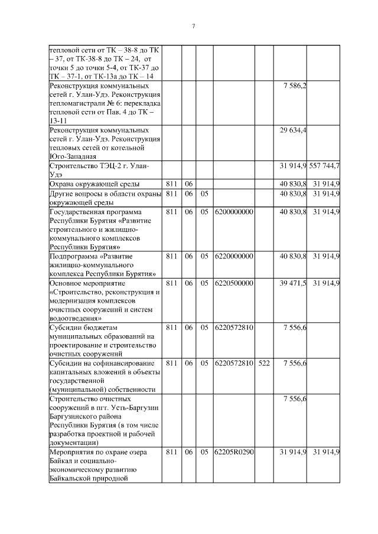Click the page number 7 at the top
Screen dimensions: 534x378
point(193,26)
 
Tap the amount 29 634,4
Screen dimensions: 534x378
point(293,130)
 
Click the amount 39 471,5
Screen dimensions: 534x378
point(293,283)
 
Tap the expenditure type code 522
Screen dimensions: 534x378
point(263,363)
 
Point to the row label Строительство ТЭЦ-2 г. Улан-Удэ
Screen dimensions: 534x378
point(98,170)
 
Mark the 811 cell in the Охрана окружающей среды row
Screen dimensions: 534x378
point(171,184)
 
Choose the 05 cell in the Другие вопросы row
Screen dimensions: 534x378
point(204,193)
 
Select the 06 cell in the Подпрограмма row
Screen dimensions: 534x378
point(188,256)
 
